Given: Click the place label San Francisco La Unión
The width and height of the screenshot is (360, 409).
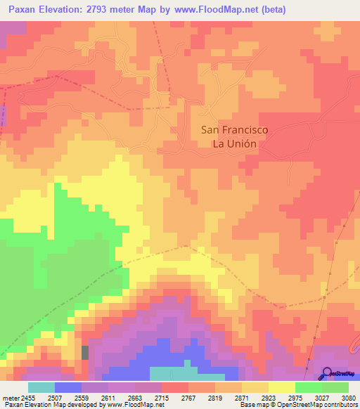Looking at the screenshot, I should (x=234, y=136).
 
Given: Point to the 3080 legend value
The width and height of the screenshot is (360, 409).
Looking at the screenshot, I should (x=349, y=396).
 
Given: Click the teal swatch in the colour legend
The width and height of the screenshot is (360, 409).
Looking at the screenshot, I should (x=41, y=387).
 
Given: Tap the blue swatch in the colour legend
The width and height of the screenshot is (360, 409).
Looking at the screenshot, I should (x=68, y=387).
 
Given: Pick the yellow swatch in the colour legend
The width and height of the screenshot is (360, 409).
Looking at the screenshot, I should (x=281, y=387).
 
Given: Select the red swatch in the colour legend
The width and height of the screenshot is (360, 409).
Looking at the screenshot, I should (x=174, y=387).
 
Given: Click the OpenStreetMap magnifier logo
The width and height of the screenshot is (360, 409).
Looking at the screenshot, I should (x=327, y=373).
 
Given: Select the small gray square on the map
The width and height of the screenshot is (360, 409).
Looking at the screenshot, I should (x=86, y=352).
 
